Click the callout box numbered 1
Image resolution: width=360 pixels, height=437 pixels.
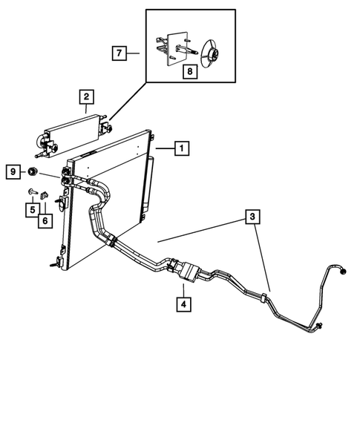(x=180, y=148)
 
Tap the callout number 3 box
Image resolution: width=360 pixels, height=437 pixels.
(x=253, y=217)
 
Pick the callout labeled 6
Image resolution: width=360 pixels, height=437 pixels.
(x=46, y=220)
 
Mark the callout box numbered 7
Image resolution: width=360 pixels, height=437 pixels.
(x=117, y=53)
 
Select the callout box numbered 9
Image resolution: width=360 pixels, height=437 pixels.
(x=12, y=172)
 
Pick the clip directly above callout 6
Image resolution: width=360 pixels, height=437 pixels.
(x=45, y=196)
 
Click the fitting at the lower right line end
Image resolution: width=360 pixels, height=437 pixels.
(x=318, y=326)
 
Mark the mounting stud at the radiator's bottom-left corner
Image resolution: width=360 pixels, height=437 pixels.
(x=53, y=263)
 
